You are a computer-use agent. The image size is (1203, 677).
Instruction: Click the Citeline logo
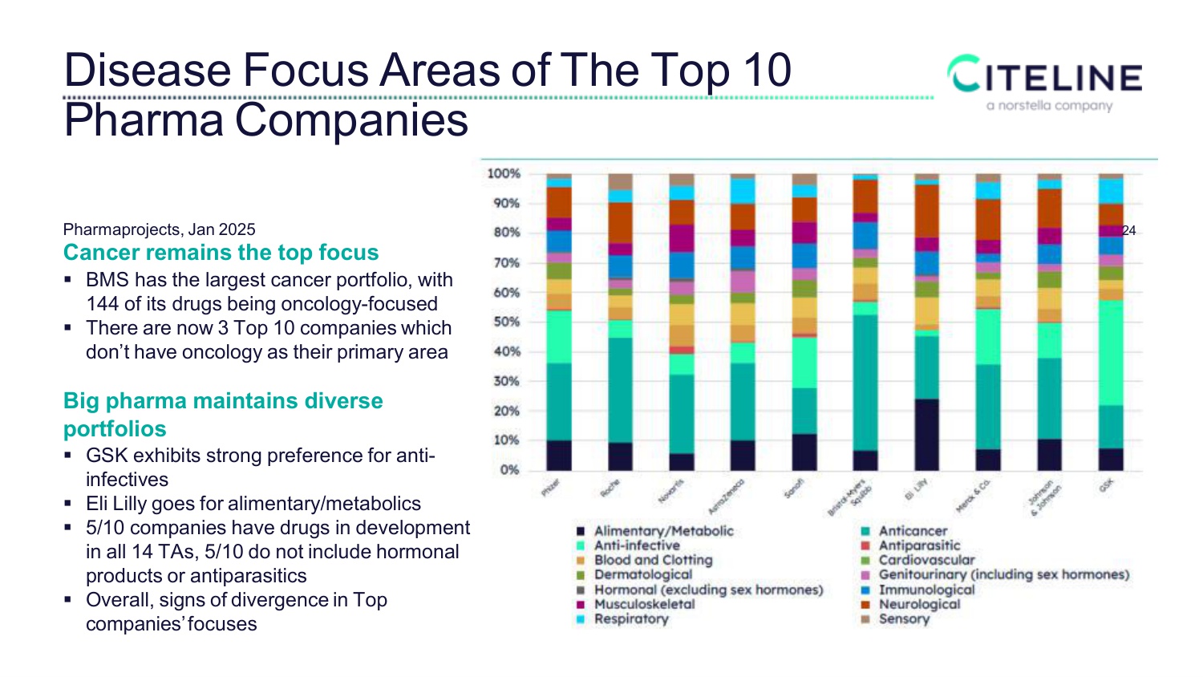[1045, 76]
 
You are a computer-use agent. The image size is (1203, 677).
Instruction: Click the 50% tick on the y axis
[505, 322]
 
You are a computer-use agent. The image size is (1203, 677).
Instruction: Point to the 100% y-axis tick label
[504, 173]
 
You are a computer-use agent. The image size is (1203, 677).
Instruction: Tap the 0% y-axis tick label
[509, 470]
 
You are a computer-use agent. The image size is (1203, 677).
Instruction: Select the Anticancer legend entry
[913, 531]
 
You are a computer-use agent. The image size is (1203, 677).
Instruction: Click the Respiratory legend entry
[630, 619]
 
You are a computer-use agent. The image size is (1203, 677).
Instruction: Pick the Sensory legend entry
[904, 619]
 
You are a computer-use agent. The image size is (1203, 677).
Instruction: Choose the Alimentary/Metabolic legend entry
[663, 531]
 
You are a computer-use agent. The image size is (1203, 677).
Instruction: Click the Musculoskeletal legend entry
[644, 604]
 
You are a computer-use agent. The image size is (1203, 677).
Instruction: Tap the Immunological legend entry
[926, 590]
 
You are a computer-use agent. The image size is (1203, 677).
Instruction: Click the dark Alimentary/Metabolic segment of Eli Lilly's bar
[926, 434]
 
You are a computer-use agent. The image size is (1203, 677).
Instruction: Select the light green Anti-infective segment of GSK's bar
[1110, 353]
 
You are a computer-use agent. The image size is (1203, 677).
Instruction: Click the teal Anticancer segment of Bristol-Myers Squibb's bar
[865, 383]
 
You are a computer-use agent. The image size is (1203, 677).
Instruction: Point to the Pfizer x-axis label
[550, 488]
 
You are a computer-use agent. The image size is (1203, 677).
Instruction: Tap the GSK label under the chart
[1107, 484]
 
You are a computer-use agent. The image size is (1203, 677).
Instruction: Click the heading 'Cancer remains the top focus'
[221, 253]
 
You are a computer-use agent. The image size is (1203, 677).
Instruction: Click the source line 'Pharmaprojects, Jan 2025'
[159, 230]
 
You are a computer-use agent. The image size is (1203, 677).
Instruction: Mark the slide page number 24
[1128, 231]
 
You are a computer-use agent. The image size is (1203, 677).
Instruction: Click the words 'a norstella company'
[1049, 106]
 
